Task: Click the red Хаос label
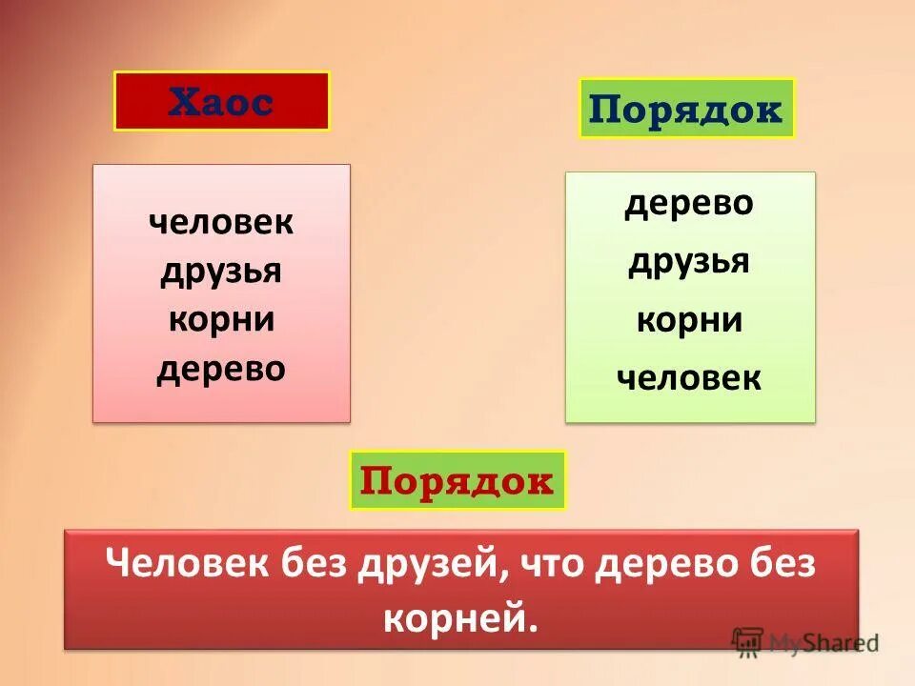tap(221, 101)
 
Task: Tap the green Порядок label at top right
tap(685, 110)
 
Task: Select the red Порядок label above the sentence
tap(457, 480)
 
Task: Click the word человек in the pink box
tap(221, 223)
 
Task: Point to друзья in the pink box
tap(221, 272)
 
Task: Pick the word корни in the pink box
tap(221, 319)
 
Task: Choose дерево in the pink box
tap(221, 368)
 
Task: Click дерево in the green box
tap(688, 203)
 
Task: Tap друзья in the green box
tap(688, 261)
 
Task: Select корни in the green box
tap(688, 320)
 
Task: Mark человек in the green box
tap(688, 378)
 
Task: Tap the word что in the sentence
tap(548, 563)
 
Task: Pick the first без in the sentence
tap(310, 563)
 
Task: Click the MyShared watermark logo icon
tap(748, 640)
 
